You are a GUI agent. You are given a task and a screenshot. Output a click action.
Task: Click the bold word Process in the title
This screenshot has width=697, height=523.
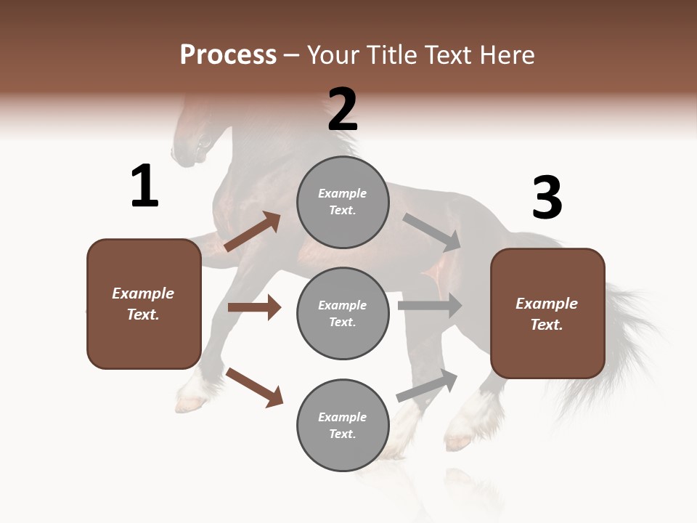228,55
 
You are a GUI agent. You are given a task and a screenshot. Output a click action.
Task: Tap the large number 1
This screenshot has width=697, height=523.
144,187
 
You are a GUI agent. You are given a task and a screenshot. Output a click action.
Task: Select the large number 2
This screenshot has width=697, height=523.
343,110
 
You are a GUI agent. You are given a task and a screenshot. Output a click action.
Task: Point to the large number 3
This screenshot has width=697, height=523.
547,198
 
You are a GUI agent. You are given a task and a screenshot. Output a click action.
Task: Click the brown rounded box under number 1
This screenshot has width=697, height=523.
144,304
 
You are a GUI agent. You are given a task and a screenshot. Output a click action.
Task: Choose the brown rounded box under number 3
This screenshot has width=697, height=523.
547,313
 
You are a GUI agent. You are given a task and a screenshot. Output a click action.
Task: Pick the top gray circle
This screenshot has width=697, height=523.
343,202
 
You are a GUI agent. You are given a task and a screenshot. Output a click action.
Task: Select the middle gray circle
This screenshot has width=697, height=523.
343,313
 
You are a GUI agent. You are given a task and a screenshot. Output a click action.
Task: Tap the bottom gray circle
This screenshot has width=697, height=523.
343,425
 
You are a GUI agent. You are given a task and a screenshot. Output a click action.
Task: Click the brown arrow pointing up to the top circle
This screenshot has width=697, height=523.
253,232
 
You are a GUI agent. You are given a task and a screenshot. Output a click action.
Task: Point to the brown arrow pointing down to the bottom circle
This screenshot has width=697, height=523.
254,386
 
